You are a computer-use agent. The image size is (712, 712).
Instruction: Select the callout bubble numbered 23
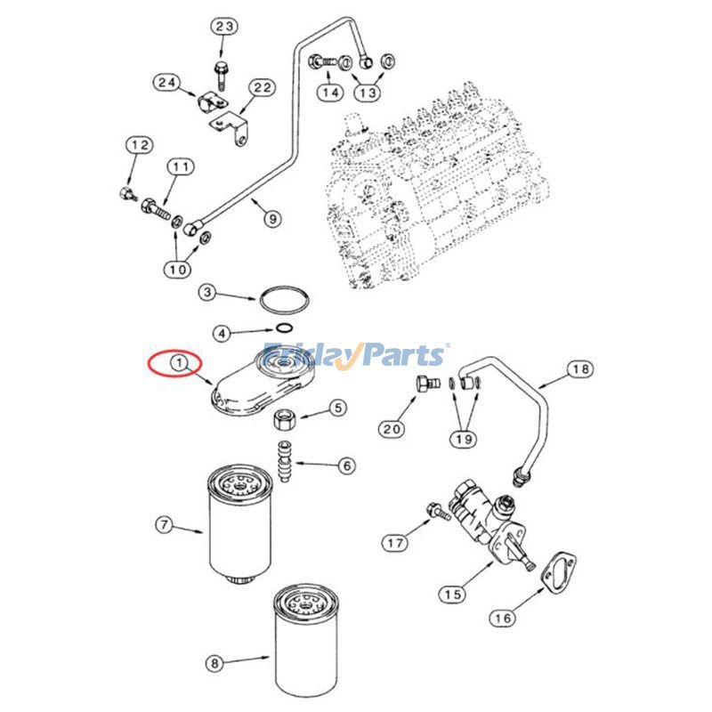[224, 27]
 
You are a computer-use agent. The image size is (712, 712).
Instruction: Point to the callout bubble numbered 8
[214, 663]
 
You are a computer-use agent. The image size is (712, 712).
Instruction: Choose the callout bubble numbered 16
[503, 617]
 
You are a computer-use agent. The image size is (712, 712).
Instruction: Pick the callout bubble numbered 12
[138, 145]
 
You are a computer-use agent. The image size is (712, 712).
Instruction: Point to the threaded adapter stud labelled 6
[287, 459]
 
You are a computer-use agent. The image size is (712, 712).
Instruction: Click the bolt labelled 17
[437, 511]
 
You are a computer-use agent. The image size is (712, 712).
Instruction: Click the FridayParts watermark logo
[355, 355]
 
